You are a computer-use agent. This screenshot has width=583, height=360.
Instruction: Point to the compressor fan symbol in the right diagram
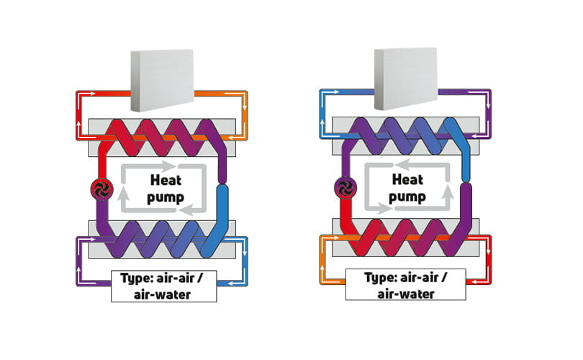click(x=342, y=189)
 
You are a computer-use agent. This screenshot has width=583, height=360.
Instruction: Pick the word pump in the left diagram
click(x=166, y=197)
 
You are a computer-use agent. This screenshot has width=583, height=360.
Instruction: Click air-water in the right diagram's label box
click(x=405, y=293)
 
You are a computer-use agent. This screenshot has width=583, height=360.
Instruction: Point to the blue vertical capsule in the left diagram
click(x=222, y=209)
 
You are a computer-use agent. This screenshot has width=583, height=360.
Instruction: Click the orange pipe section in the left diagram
click(x=223, y=94)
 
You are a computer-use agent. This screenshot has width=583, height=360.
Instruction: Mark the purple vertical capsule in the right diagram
click(x=465, y=209)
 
